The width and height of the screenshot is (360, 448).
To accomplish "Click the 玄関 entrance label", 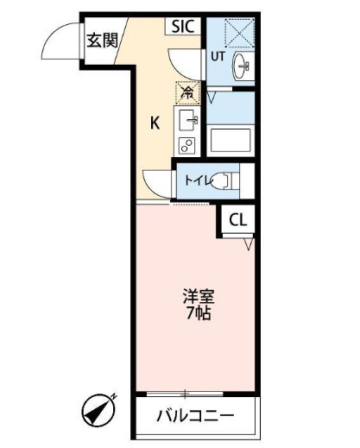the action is point(103,41).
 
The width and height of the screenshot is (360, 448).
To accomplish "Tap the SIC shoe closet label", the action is point(183,26).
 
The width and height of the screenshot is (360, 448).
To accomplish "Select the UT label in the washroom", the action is point(218,56).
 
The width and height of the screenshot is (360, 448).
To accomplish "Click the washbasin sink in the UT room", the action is point(241,66).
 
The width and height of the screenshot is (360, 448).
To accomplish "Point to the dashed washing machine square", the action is point(240,33).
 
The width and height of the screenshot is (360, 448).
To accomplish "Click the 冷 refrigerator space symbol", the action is point(187,92).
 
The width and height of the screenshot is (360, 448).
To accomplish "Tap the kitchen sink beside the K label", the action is point(188,120).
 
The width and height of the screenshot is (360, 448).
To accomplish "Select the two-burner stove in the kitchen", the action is point(186,145).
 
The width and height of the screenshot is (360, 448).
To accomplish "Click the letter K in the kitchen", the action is point(155,123).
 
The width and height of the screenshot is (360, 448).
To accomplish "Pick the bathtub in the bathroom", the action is point(231,140).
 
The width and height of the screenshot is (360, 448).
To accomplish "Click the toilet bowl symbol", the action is point(224,180).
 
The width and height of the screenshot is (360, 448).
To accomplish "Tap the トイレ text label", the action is point(199,180).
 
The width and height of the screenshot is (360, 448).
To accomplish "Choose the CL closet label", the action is point(238,220).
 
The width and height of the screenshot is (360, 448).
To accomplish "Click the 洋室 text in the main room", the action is point(199,297).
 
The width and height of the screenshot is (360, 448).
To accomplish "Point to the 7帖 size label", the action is point(199,312).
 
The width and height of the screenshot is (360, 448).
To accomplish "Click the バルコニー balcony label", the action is point(195,415).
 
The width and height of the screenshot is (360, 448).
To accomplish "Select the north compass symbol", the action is point(98,410).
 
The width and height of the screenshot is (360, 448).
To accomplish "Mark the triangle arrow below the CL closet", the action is point(249,244).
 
